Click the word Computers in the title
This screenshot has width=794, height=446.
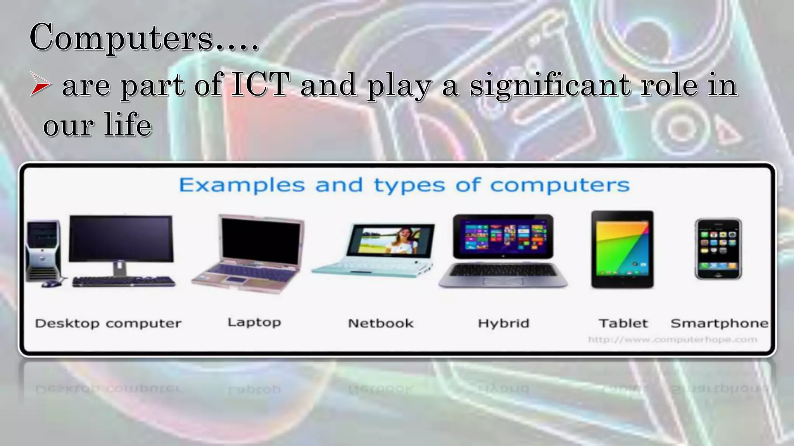pos(121,38)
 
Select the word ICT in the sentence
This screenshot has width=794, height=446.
pos(260,84)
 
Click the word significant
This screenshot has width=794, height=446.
pos(550,86)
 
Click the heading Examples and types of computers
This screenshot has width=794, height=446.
pos(404,185)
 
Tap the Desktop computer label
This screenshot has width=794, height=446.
pos(108,323)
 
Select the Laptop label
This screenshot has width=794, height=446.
pos(254,322)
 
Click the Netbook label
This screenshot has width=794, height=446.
pos(380,323)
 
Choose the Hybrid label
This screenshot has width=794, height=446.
pos(503,323)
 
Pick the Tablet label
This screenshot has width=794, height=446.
pos(623,323)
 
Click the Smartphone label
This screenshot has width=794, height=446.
pos(719,323)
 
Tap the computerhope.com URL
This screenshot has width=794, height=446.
pos(672,340)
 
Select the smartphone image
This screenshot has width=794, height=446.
pos(718,249)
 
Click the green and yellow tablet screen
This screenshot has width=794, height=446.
pos(622,248)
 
